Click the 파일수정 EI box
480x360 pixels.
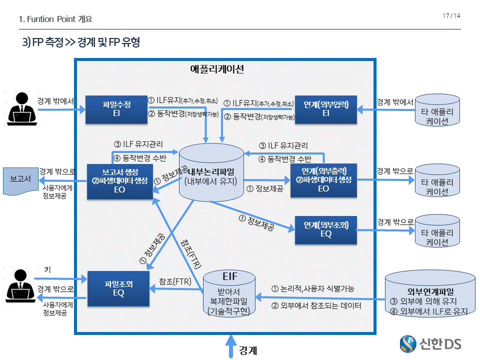coord(114,109)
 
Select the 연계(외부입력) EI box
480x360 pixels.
coord(325,109)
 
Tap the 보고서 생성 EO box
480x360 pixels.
coord(119,181)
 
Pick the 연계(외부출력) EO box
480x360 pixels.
coord(323,180)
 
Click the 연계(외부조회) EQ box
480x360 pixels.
coord(325,230)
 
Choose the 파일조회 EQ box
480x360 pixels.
coord(118,288)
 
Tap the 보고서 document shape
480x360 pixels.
coord(20,179)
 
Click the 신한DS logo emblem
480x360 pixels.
coord(408,343)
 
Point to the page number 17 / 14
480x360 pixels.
coord(451,16)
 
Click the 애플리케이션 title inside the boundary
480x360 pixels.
coord(217,69)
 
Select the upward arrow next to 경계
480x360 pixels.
coord(230,346)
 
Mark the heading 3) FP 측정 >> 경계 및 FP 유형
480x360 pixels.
coord(80,43)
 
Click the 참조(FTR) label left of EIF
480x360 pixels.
coord(175,282)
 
